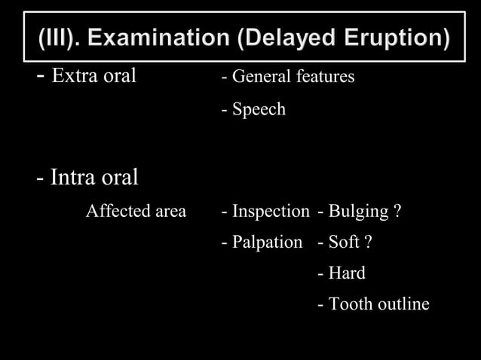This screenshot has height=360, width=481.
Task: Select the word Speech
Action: click(x=259, y=110)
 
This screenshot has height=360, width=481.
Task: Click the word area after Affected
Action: click(x=171, y=212)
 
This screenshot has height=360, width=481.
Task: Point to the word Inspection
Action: click(x=270, y=212)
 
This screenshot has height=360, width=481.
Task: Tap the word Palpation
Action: click(x=267, y=243)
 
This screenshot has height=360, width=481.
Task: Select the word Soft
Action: click(x=345, y=243)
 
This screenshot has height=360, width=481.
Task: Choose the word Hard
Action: click(x=347, y=273)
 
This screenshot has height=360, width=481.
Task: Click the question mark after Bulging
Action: click(x=397, y=212)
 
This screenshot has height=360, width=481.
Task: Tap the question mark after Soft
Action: click(x=368, y=243)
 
